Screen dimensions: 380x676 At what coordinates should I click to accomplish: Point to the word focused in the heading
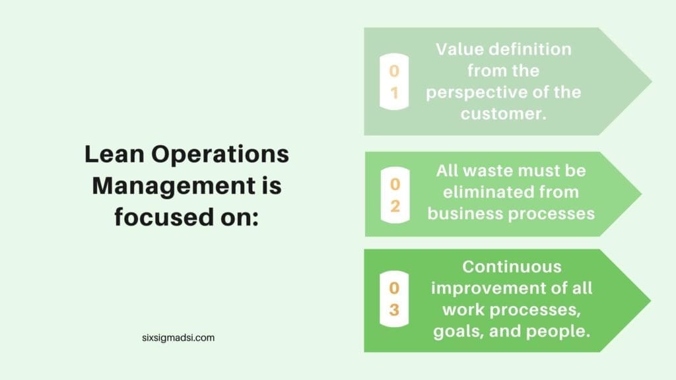click(153, 216)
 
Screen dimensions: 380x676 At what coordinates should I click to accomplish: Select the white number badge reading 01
click(394, 82)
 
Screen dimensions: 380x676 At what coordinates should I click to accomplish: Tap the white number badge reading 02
click(394, 194)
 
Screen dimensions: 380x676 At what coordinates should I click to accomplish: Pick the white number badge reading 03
click(394, 300)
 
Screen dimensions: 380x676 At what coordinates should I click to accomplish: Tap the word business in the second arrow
click(464, 214)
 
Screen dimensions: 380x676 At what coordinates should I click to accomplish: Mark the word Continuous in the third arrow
click(512, 267)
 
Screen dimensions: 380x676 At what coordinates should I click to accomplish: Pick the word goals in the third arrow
click(462, 331)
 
